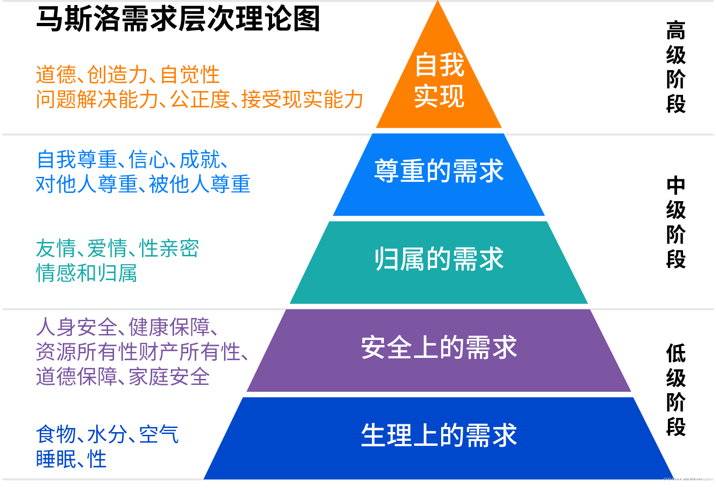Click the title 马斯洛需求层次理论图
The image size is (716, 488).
tap(178, 19)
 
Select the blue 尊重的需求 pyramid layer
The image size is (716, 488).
tap(439, 172)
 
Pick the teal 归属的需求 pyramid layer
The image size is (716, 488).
tap(439, 260)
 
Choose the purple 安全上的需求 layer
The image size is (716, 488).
tap(439, 348)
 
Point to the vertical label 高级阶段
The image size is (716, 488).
tap(676, 67)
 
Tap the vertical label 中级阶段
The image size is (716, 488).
tap(676, 222)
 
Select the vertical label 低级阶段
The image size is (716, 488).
tap(676, 390)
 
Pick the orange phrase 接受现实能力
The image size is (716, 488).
tap(302, 100)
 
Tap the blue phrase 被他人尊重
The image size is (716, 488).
tap(200, 185)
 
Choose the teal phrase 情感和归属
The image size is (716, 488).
tap(87, 274)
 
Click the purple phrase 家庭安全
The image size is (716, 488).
tap(169, 377)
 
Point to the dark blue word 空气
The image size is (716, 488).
tap(159, 435)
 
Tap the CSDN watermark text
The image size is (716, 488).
tap(686, 481)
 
